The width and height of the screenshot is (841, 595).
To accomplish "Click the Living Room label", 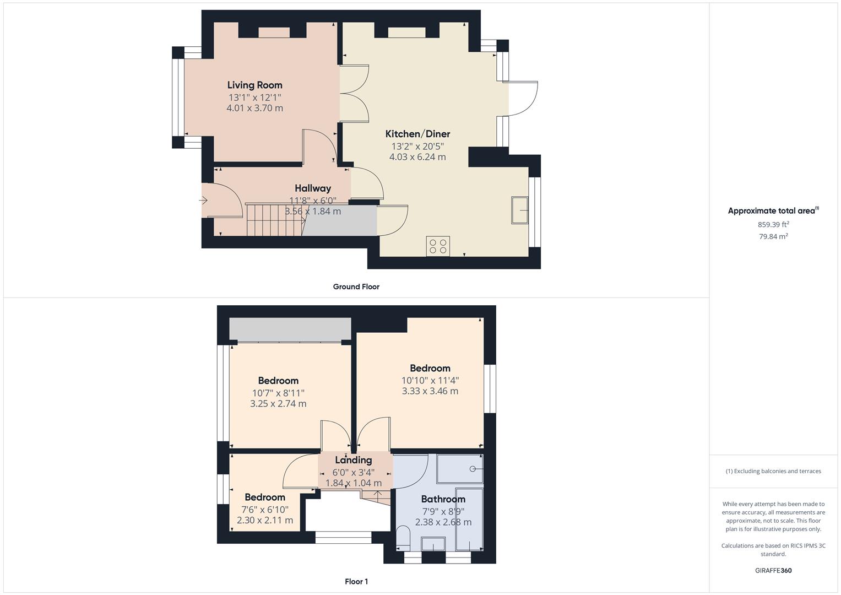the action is (254, 85).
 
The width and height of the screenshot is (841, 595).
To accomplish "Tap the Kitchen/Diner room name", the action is (417, 134).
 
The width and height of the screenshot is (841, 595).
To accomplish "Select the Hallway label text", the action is (313, 188).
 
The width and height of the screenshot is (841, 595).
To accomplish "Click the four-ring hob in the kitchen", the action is (438, 246).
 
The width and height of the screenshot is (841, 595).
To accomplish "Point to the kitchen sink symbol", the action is (519, 210).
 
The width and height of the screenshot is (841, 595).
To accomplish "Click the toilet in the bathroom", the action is (403, 538).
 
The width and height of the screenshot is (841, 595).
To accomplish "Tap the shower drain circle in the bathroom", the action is (473, 469).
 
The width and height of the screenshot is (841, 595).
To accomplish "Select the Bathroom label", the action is (443, 499).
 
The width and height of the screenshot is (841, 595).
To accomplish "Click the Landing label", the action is (353, 460).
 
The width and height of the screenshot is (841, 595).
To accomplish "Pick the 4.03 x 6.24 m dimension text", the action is (417, 157).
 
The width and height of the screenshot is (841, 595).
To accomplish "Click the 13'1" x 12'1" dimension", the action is (255, 98).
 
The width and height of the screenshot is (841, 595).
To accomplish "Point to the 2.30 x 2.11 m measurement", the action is (265, 520).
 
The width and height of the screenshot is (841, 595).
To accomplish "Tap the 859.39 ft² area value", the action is (773, 225).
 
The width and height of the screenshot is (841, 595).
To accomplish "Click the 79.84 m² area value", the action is (773, 237).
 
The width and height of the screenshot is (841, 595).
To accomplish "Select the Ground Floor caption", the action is (356, 286).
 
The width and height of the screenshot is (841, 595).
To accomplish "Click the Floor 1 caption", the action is (356, 581).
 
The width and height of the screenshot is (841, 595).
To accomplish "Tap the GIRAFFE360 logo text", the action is (773, 571).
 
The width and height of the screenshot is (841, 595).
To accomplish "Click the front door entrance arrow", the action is (203, 201).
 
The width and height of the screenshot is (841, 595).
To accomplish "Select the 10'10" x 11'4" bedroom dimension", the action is (430, 381).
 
